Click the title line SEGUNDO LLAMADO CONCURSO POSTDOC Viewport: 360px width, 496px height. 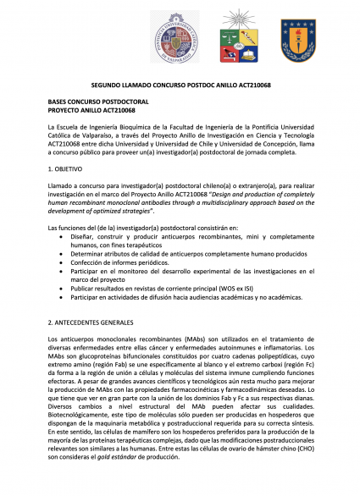point(180,87)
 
